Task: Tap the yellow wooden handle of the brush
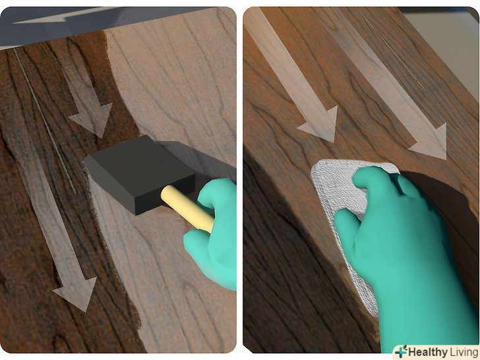point(187,208)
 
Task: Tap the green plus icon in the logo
point(401,352)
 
